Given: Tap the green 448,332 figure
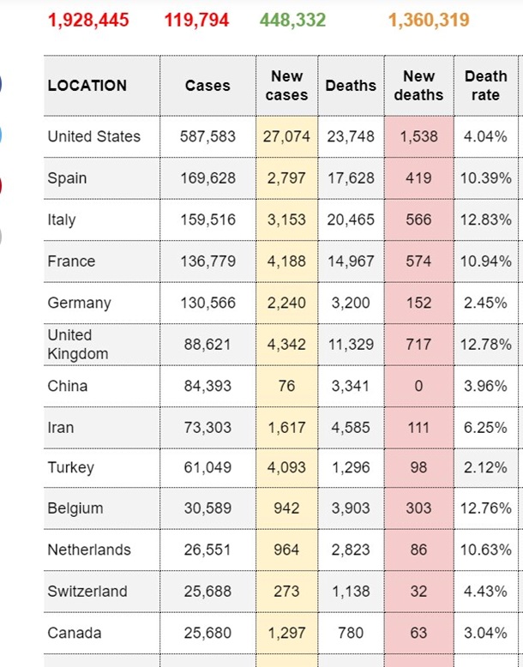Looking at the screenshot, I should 292,19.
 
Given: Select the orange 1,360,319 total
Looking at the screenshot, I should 429,19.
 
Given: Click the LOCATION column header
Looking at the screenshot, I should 87,86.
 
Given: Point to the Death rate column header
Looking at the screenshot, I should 485,86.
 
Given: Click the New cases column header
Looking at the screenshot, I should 286,86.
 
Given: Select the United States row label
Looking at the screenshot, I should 94,136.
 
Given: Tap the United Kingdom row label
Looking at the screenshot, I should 78,345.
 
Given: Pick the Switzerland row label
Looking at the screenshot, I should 87,592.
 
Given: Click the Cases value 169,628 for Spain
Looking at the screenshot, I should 207,178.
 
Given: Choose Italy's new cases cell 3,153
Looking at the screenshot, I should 286,219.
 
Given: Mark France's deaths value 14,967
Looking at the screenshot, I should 351,261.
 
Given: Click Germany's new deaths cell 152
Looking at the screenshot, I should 418,303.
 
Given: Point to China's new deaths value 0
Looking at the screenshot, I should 418,386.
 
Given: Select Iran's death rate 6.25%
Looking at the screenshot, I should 485,428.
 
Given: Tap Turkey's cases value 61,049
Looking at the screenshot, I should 207,467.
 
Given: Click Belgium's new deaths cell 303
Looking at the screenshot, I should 418,508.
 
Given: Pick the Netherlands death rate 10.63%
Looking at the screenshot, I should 485,550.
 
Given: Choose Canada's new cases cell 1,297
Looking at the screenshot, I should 286,634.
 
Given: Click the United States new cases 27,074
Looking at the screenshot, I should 286,136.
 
